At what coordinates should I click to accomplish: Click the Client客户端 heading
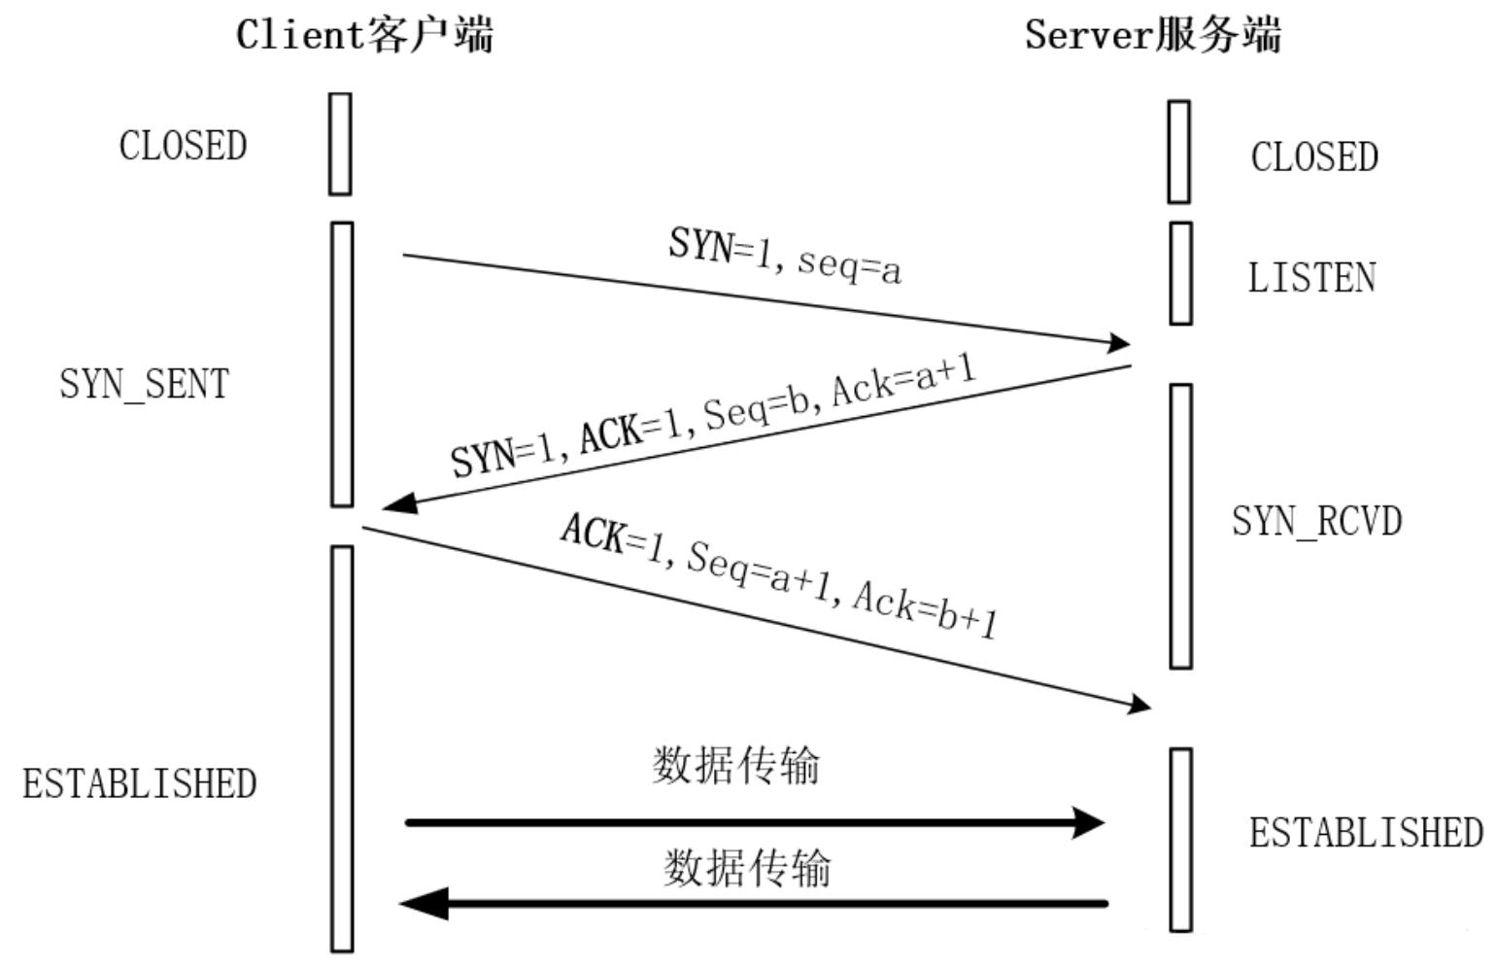(x=364, y=35)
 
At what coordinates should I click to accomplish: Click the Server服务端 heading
(x=1153, y=35)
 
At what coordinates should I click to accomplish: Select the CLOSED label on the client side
(x=183, y=146)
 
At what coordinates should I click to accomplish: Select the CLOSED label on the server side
(x=1313, y=157)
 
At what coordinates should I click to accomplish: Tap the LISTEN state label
(x=1311, y=278)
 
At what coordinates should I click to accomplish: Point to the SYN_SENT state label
(x=144, y=384)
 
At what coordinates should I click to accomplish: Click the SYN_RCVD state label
(x=1316, y=521)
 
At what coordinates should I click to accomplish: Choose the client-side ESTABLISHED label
(x=140, y=783)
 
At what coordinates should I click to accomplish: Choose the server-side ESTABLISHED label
(x=1365, y=833)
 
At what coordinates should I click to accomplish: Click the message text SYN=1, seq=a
(x=785, y=256)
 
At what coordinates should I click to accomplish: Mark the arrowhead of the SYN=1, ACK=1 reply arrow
(x=398, y=503)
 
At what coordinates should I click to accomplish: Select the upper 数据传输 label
(x=735, y=765)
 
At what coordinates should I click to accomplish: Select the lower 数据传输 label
(x=747, y=867)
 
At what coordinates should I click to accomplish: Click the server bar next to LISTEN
(x=1180, y=273)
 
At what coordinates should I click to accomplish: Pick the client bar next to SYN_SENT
(x=341, y=364)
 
